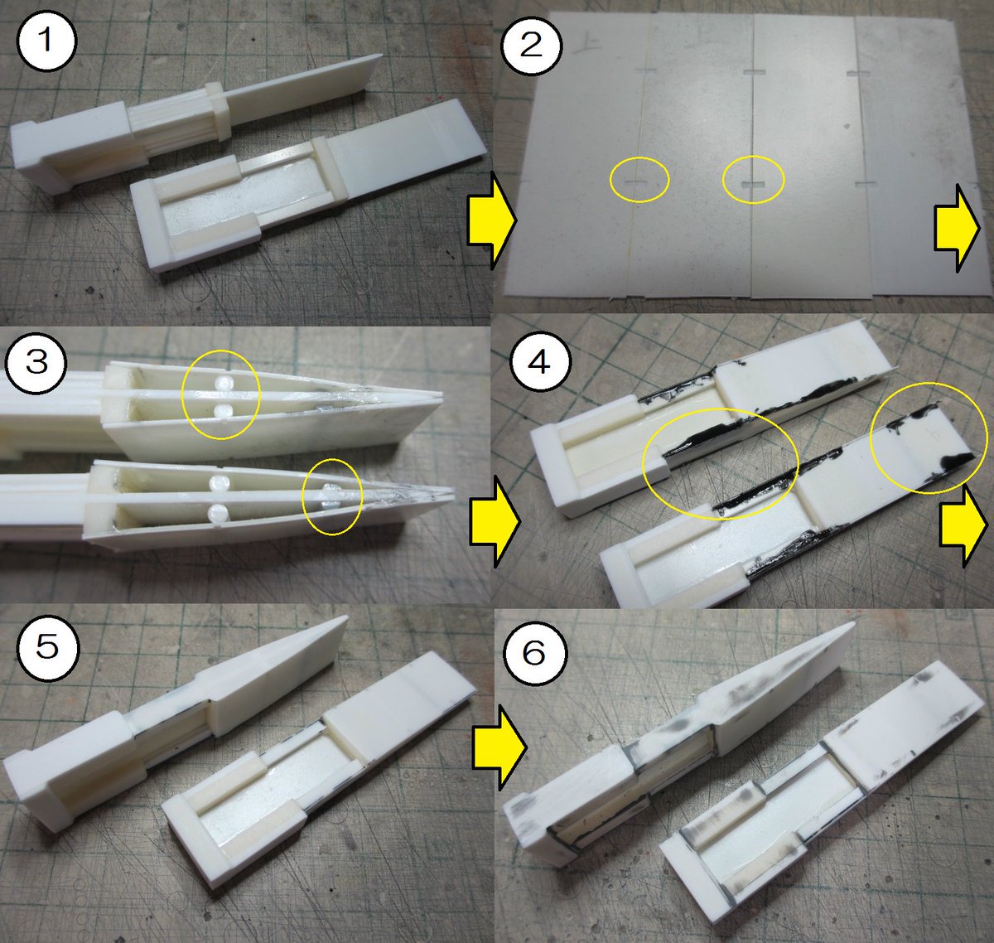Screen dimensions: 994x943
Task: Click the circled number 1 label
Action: point(46,41)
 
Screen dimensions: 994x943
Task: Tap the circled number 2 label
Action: point(531,46)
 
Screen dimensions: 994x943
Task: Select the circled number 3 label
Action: point(36,363)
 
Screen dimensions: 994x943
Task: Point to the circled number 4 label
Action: point(540,362)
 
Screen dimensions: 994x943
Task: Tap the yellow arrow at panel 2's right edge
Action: point(957,228)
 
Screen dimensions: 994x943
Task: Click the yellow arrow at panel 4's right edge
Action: point(963,525)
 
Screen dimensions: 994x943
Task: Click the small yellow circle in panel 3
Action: point(331,496)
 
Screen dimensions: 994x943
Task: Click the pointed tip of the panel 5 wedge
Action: point(345,617)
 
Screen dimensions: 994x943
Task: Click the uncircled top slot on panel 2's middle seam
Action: point(753,72)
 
